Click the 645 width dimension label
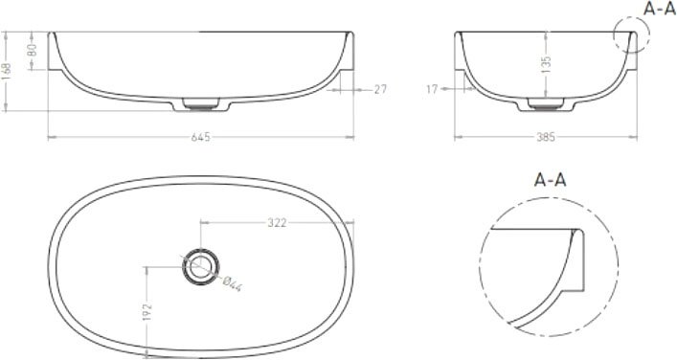pyautogui.click(x=201, y=137)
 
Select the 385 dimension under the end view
pyautogui.click(x=545, y=137)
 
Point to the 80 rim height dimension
pyautogui.click(x=33, y=51)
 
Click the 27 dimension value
pyautogui.click(x=380, y=89)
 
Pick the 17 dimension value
pyautogui.click(x=432, y=89)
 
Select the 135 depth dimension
pyautogui.click(x=546, y=64)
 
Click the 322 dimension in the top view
pyautogui.click(x=277, y=222)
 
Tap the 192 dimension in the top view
pyautogui.click(x=147, y=312)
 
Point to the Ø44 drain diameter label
pyautogui.click(x=232, y=283)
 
